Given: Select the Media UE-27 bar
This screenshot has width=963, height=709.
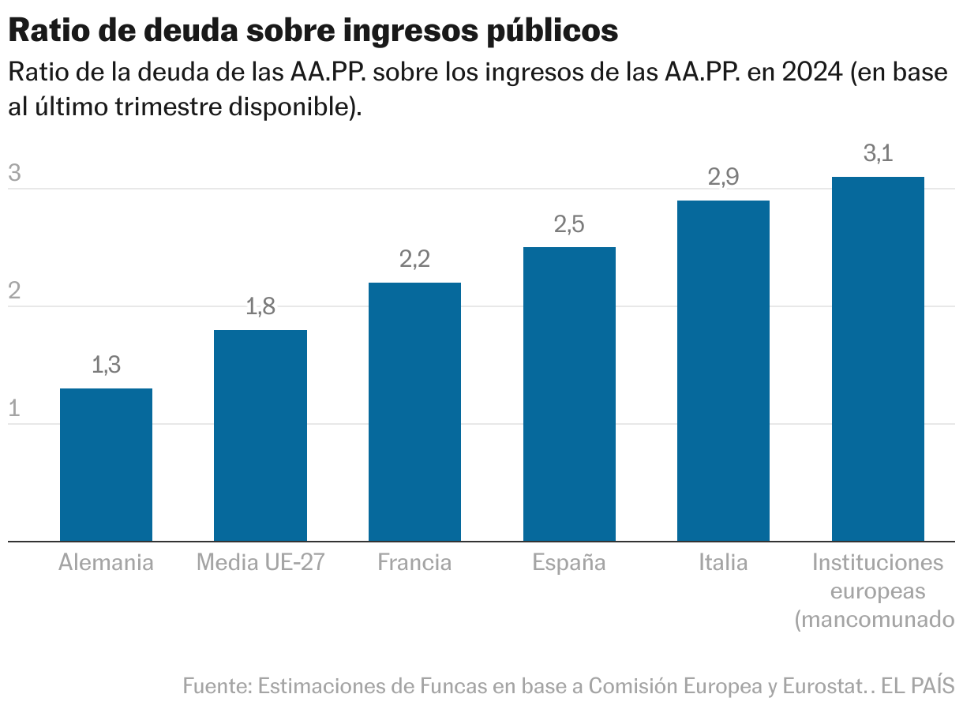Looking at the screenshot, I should click(260, 435).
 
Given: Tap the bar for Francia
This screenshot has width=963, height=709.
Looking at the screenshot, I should click(414, 411).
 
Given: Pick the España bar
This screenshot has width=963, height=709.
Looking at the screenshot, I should click(569, 394).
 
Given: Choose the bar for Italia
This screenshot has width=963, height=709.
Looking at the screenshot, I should click(723, 370).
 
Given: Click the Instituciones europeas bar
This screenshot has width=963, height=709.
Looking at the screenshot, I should click(878, 358).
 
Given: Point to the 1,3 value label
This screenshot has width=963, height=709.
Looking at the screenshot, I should click(106, 365).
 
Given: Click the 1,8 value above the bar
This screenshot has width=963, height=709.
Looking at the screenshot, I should click(260, 306).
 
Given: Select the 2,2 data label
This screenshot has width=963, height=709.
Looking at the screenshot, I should click(414, 259).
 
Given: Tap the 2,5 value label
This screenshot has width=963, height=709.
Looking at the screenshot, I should click(569, 224).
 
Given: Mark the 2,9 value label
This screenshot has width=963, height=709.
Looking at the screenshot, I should click(723, 178).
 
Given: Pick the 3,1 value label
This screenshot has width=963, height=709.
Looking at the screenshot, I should click(878, 154).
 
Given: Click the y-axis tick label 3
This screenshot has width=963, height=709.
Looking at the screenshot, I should click(13, 174).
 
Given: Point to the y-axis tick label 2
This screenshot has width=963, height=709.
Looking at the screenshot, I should click(13, 292).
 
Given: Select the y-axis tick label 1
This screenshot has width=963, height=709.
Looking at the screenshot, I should click(13, 410).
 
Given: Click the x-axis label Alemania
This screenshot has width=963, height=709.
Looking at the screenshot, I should click(106, 563).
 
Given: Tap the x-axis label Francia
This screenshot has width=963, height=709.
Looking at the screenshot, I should click(414, 563).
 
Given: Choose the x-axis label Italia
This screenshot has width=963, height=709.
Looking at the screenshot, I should click(723, 563).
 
